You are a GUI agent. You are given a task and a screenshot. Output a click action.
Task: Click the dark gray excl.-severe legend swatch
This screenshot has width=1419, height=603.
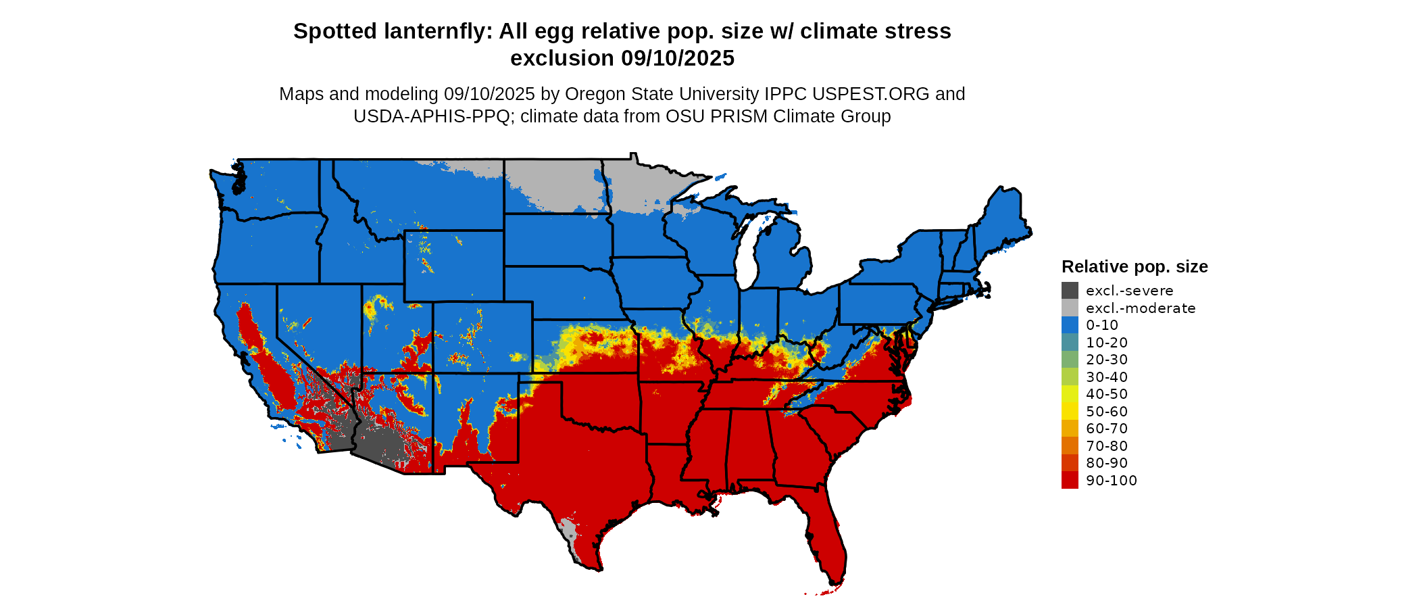pos(1070,291)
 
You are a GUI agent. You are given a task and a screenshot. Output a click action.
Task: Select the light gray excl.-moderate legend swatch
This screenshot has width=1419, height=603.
pos(1070,308)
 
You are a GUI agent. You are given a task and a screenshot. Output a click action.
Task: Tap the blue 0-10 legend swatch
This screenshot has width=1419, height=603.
pos(1070,325)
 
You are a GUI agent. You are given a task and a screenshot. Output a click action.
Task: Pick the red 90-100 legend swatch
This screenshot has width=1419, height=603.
pos(1070,480)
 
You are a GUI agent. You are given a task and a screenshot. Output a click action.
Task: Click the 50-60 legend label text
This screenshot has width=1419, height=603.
pos(1107,411)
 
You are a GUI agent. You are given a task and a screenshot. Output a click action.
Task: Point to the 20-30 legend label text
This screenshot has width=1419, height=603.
pos(1107,360)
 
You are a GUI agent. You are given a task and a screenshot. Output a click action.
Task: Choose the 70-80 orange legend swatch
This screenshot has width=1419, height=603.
pos(1070,445)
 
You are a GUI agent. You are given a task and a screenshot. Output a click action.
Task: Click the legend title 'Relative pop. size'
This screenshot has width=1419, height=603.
pos(1135,266)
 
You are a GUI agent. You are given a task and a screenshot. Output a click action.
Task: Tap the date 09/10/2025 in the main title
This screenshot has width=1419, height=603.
pos(677,58)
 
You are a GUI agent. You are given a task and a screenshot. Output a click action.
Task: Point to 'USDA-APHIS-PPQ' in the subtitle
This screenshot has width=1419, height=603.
pos(431,116)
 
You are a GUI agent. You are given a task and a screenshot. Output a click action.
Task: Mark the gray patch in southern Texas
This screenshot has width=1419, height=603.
pos(570,534)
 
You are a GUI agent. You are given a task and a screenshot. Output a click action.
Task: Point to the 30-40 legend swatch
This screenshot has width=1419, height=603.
pos(1070,377)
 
